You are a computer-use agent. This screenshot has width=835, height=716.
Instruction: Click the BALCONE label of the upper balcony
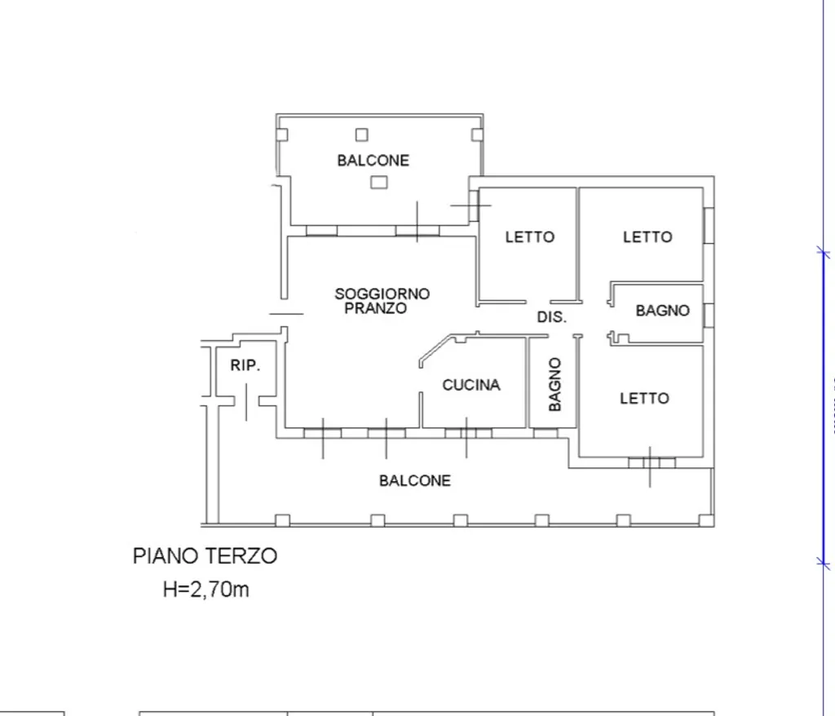click(373, 161)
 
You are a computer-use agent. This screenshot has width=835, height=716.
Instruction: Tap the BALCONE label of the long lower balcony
click(415, 480)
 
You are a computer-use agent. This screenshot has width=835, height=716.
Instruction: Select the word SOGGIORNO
click(382, 294)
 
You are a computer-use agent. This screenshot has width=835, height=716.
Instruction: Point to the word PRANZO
click(375, 308)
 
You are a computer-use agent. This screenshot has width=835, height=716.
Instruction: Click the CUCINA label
click(471, 385)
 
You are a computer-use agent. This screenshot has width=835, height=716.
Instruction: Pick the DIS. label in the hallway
click(551, 317)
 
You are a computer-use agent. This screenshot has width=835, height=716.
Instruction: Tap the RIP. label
click(245, 365)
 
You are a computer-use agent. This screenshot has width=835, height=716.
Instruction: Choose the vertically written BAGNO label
click(554, 384)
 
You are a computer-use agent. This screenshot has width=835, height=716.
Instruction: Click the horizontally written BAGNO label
click(662, 311)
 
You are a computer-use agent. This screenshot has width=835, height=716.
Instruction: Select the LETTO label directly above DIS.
click(530, 236)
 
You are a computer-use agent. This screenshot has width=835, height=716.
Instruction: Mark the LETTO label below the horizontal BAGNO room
click(644, 399)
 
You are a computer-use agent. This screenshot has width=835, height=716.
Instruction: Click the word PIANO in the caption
click(166, 556)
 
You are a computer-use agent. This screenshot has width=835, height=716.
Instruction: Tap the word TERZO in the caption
click(241, 556)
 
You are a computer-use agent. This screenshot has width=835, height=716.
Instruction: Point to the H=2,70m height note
click(206, 590)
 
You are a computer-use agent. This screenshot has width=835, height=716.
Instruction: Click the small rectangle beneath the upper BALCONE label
click(379, 183)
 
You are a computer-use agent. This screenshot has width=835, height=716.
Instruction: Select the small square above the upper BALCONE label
click(362, 135)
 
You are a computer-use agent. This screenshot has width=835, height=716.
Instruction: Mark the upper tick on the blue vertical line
click(824, 252)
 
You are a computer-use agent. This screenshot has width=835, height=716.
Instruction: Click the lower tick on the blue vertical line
click(824, 562)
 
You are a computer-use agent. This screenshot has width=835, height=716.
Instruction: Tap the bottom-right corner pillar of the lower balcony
click(706, 520)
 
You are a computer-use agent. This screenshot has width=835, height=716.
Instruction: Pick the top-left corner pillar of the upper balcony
click(282, 135)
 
